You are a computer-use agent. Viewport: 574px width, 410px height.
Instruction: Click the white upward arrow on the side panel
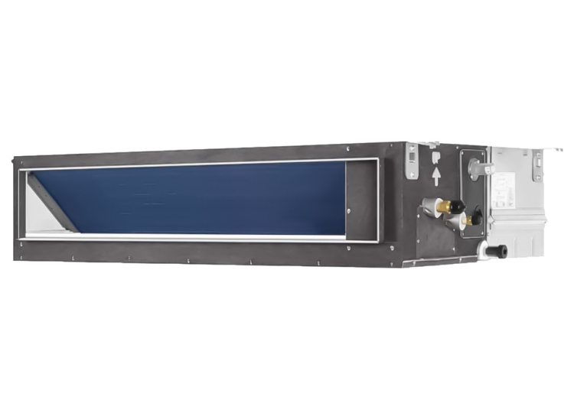coord(436,177)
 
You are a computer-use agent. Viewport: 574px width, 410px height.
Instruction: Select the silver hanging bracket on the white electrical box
coord(538,164)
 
